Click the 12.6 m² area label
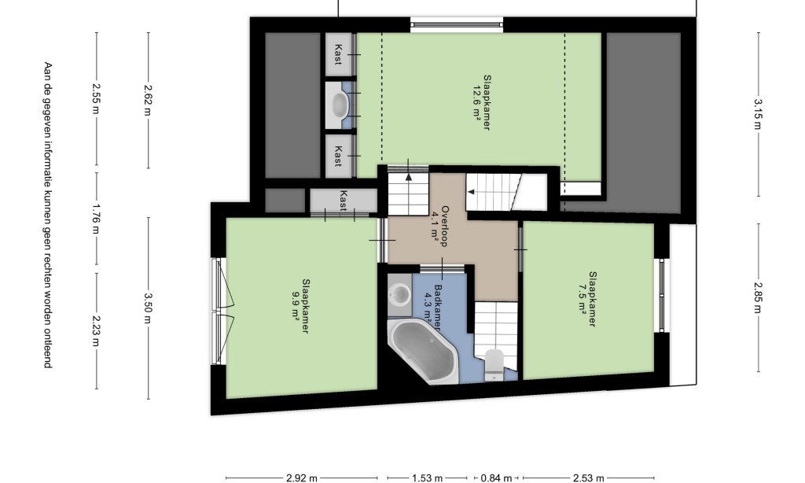(476, 103)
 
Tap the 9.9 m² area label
(296, 306)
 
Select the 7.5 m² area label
(583, 299)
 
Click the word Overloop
(446, 226)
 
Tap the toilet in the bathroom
(494, 364)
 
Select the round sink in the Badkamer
(399, 294)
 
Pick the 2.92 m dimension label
(301, 478)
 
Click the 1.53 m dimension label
(427, 478)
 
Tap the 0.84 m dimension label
(496, 478)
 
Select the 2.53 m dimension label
(588, 478)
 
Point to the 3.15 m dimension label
(759, 114)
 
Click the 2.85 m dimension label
(759, 297)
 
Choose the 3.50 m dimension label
(149, 308)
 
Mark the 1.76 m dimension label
(96, 219)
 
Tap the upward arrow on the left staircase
(409, 177)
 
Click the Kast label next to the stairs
(344, 201)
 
